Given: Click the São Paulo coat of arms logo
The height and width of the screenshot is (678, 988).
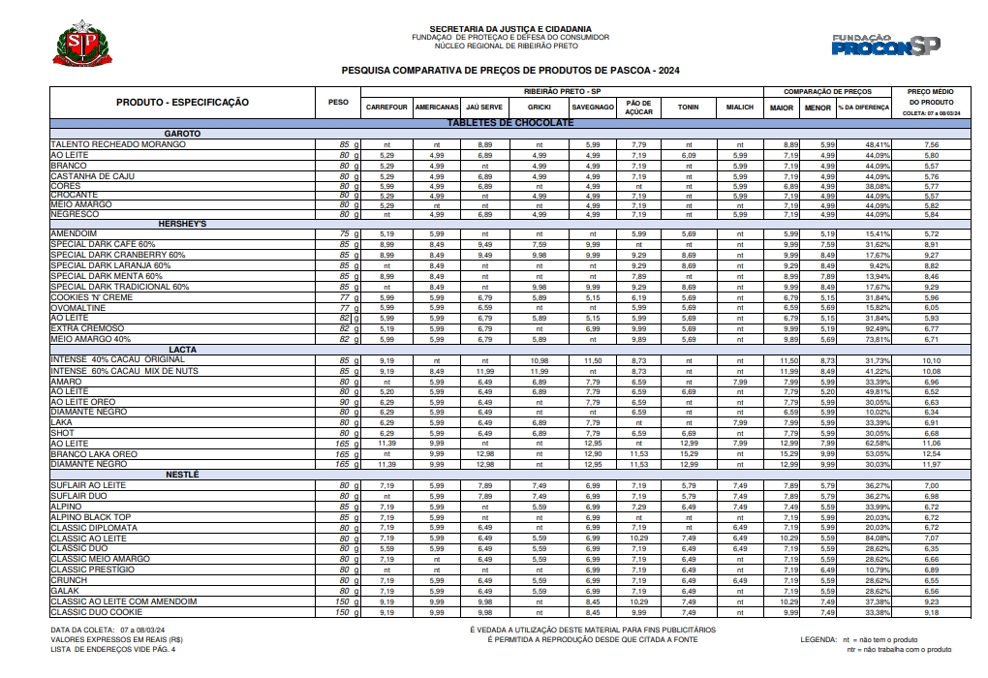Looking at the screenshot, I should pyautogui.click(x=85, y=45).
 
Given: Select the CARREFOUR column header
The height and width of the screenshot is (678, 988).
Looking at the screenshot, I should pyautogui.click(x=386, y=107).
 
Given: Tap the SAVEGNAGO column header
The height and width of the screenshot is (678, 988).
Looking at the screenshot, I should pyautogui.click(x=592, y=107).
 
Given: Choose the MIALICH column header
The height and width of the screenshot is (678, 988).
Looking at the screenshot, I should pyautogui.click(x=739, y=107).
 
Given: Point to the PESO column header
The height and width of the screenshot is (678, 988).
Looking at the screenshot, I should pyautogui.click(x=338, y=102).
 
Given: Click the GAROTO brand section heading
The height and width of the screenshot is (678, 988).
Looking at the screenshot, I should pyautogui.click(x=182, y=133).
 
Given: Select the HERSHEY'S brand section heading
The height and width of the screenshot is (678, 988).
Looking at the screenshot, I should pyautogui.click(x=182, y=223).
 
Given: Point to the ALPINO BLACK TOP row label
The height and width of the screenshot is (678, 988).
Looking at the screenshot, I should pyautogui.click(x=90, y=516).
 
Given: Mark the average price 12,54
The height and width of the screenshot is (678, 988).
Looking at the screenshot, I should pyautogui.click(x=931, y=454).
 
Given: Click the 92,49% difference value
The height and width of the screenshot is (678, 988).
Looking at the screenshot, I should pyautogui.click(x=877, y=328).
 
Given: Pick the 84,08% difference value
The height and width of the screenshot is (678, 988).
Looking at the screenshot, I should pyautogui.click(x=877, y=538).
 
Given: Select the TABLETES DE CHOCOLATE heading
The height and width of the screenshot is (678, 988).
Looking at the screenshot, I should pyautogui.click(x=509, y=123).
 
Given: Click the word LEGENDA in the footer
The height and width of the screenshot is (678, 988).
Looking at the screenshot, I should pyautogui.click(x=819, y=640).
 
